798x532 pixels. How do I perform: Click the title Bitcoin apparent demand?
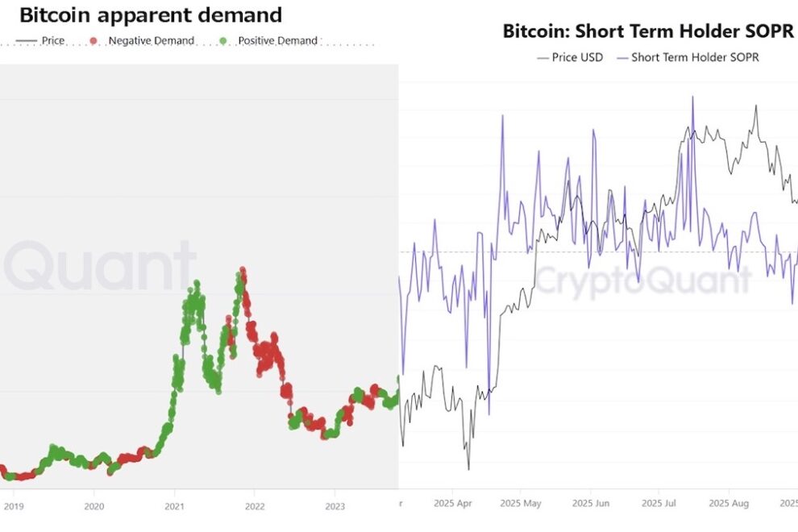[151, 15]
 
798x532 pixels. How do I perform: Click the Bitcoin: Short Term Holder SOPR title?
[648, 31]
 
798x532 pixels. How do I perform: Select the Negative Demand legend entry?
[151, 40]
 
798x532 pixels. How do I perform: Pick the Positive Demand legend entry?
[277, 40]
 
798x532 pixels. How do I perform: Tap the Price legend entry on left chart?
[52, 40]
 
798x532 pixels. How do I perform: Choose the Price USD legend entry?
[577, 57]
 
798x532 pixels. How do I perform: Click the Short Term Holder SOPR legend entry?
[694, 57]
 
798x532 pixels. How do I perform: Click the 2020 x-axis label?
[94, 506]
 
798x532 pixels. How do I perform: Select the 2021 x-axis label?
[174, 506]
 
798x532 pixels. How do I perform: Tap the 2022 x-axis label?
[254, 506]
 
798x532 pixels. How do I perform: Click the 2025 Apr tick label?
[452, 505]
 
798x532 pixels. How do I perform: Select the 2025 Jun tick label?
[590, 505]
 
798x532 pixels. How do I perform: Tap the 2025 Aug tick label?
[729, 505]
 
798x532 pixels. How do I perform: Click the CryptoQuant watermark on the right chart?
[642, 281]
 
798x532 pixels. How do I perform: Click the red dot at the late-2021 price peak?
[243, 272]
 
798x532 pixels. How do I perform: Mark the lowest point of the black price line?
[468, 468]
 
